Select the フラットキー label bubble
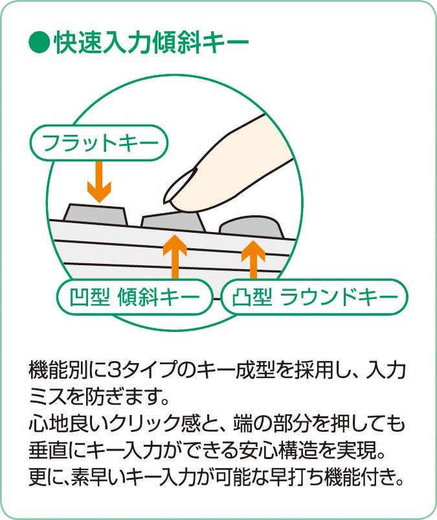click(99, 142)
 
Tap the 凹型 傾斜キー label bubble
click(135, 298)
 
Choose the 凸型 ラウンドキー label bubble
click(315, 298)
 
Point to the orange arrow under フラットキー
click(99, 180)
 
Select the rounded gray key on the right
click(252, 226)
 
